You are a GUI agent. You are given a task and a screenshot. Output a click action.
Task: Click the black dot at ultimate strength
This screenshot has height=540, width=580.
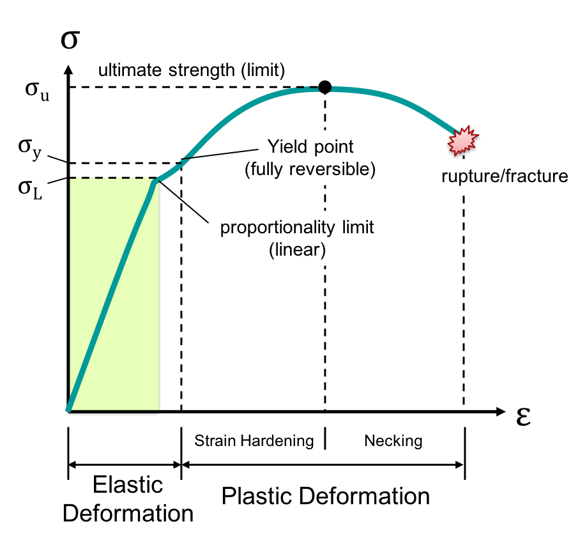click(x=324, y=87)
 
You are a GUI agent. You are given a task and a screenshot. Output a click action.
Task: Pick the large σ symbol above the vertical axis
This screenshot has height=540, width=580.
click(x=69, y=38)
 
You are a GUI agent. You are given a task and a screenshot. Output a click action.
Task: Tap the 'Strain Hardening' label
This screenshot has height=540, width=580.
click(x=254, y=440)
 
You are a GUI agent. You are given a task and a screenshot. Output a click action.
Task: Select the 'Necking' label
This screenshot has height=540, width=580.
click(x=393, y=440)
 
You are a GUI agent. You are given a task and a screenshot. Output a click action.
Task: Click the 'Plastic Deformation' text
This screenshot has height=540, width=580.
click(x=325, y=496)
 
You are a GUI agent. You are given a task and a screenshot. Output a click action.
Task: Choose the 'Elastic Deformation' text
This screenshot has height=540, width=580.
click(x=129, y=498)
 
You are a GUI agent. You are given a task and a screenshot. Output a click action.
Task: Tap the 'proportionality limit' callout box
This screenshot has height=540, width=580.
click(x=297, y=238)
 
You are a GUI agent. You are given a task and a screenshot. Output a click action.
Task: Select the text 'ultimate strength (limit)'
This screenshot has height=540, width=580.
click(x=191, y=69)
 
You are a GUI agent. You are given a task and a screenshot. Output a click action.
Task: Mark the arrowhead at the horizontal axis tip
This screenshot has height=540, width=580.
click(x=501, y=412)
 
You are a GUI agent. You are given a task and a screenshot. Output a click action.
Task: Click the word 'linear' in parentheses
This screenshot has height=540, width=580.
click(x=297, y=249)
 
